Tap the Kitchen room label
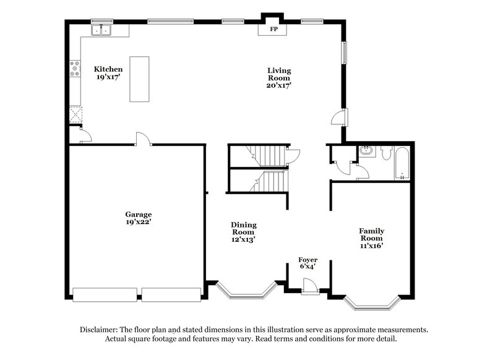pos(108,69)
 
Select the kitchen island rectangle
pos(139,79)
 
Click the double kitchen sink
pos(100,30)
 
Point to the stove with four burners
pos(75,68)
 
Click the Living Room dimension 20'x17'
pos(279,86)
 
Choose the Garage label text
pos(138,215)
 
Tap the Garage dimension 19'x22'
pos(138,222)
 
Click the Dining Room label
pos(244,229)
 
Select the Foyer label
pos(308,260)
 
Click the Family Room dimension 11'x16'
pos(371,246)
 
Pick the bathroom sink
pos(366,150)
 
